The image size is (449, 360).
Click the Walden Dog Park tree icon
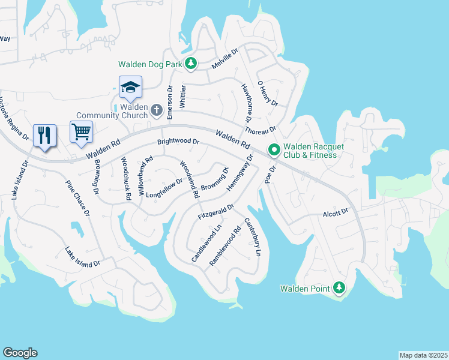(191, 63)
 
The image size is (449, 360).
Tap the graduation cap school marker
(130, 88)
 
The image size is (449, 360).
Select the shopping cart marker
(81, 131)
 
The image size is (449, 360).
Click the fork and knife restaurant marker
(44, 135)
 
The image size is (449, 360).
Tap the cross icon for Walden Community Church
(157, 110)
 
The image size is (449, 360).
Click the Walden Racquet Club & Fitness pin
(274, 149)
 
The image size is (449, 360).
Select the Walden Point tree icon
(339, 289)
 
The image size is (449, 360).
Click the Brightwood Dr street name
(178, 142)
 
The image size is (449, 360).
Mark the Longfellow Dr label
(163, 189)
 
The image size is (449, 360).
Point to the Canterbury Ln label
(252, 236)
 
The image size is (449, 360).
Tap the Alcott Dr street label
(336, 212)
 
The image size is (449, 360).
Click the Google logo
(20, 353)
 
